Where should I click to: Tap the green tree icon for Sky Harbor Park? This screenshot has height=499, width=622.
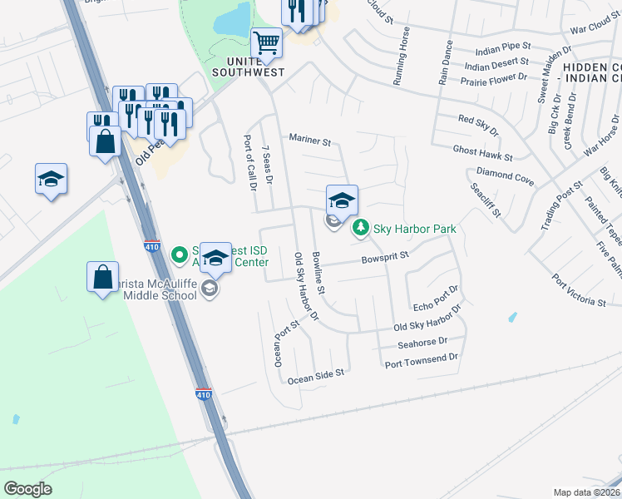tap(361, 227)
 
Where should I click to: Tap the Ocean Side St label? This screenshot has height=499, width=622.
tap(315, 377)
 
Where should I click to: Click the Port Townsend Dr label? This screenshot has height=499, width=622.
tap(422, 358)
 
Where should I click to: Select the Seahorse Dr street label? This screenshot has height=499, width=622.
tap(422, 342)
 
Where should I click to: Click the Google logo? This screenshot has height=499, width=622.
tap(27, 489)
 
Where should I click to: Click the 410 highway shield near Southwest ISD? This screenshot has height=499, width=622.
tap(151, 247)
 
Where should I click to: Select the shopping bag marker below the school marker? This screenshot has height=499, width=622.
tap(102, 279)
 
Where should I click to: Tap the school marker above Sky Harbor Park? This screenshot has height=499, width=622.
tap(342, 200)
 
